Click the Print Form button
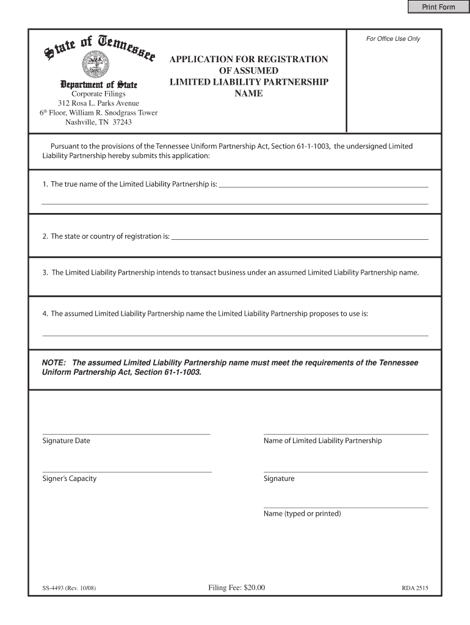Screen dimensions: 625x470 point(436,7)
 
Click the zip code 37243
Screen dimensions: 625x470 point(120,121)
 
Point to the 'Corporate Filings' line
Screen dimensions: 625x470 point(98,94)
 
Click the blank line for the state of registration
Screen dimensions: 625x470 point(300,239)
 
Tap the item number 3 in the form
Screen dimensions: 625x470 point(45,272)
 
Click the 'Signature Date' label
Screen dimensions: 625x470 point(66,441)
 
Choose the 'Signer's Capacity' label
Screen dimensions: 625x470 point(70,479)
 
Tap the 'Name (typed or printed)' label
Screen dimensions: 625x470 point(302,514)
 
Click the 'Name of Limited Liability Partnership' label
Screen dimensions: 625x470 point(322,441)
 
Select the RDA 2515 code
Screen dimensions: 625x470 point(414,589)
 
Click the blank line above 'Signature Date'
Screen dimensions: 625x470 point(126,433)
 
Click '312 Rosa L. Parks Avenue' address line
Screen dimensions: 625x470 point(98,103)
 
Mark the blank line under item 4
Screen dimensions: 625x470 point(235,335)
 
